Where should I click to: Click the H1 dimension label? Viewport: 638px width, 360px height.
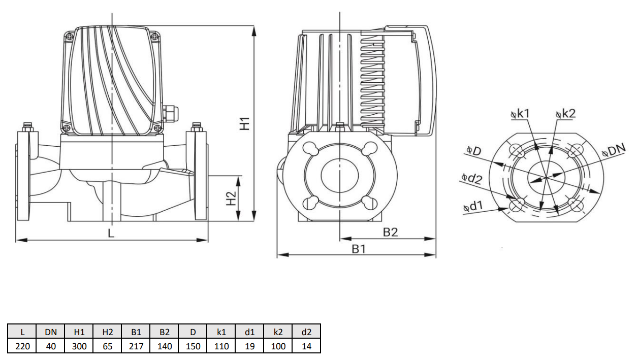tap(246, 123)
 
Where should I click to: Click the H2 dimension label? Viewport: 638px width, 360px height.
tap(231, 198)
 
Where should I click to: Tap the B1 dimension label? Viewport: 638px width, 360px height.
tap(359, 249)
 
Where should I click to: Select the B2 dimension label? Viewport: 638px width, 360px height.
tap(390, 232)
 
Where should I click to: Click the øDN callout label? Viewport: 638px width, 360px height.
tap(613, 150)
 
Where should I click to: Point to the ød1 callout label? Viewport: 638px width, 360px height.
tap(473, 207)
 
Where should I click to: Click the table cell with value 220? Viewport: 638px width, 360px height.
tap(22, 346)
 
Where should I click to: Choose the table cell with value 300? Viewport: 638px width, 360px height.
tap(79, 346)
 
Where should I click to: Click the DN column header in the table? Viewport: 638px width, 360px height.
tap(51, 332)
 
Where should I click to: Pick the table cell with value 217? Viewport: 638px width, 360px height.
tap(136, 346)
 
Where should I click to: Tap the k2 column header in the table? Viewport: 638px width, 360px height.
tap(278, 332)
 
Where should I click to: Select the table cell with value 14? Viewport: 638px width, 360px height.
tap(306, 346)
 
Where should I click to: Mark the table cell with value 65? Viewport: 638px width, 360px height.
tap(108, 346)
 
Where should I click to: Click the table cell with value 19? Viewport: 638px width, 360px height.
tap(249, 346)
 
